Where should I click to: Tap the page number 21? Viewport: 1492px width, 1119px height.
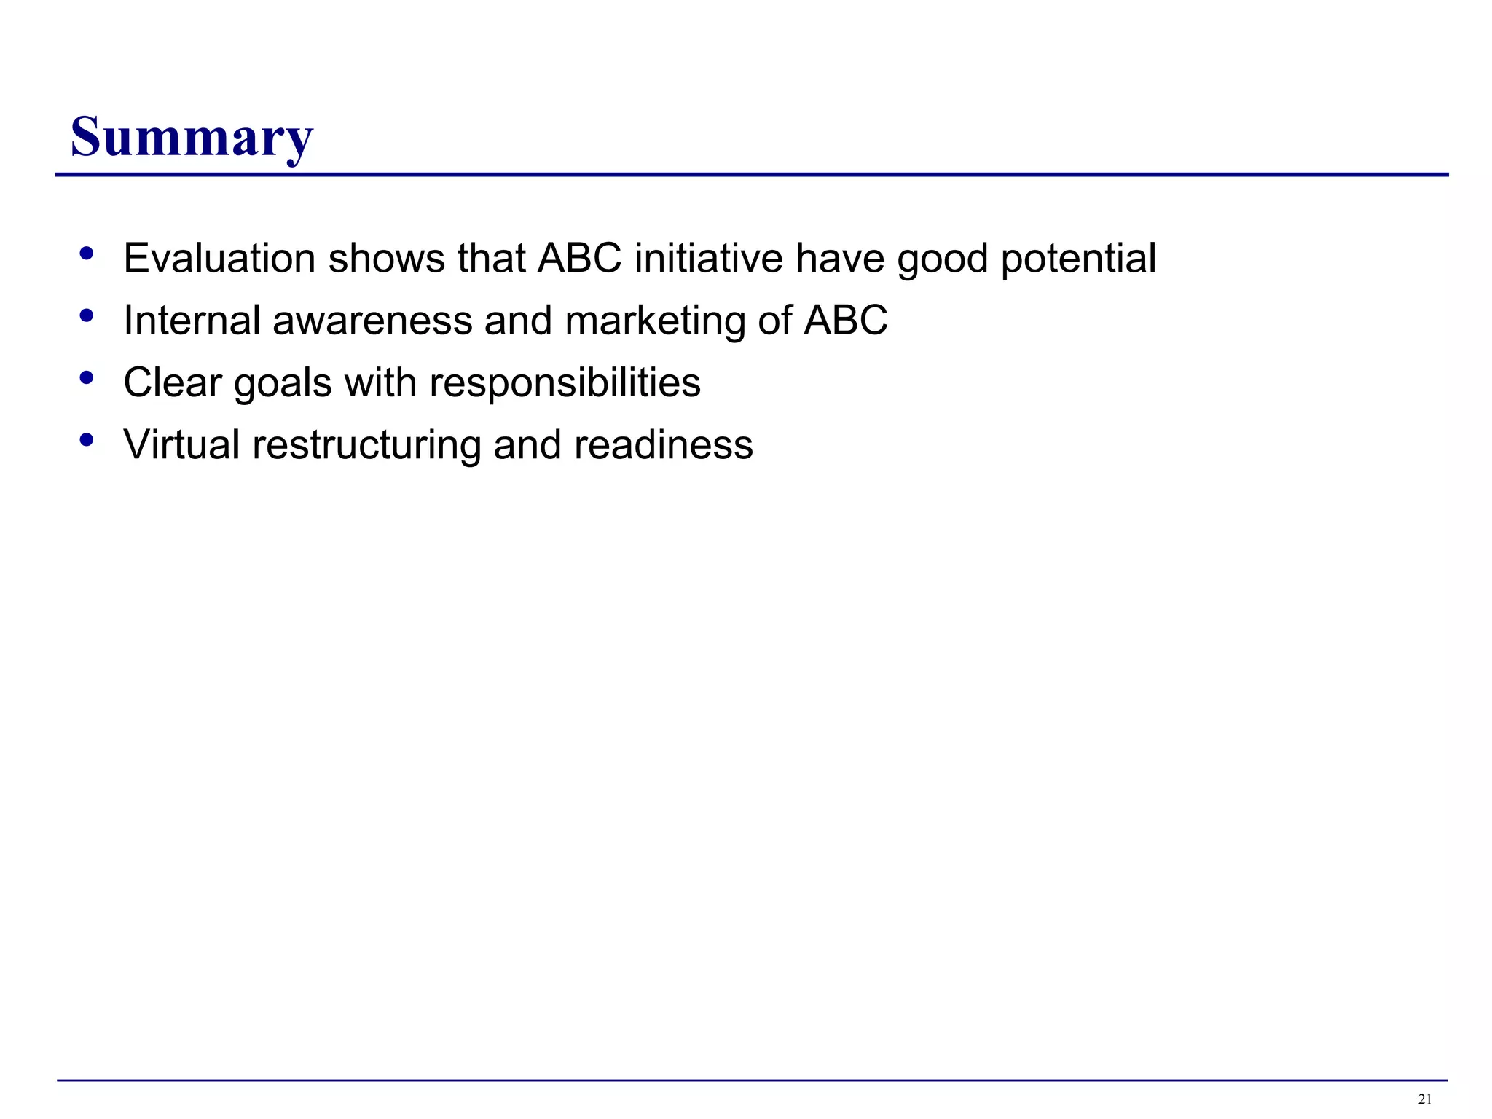(1425, 1099)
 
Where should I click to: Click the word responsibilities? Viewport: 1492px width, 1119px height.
(565, 383)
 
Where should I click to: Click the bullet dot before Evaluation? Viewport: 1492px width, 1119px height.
(87, 254)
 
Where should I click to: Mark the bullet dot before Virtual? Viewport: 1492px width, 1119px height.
(87, 440)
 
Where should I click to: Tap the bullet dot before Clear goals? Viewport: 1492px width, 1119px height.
(87, 378)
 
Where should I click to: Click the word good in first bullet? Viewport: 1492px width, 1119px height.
(942, 259)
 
